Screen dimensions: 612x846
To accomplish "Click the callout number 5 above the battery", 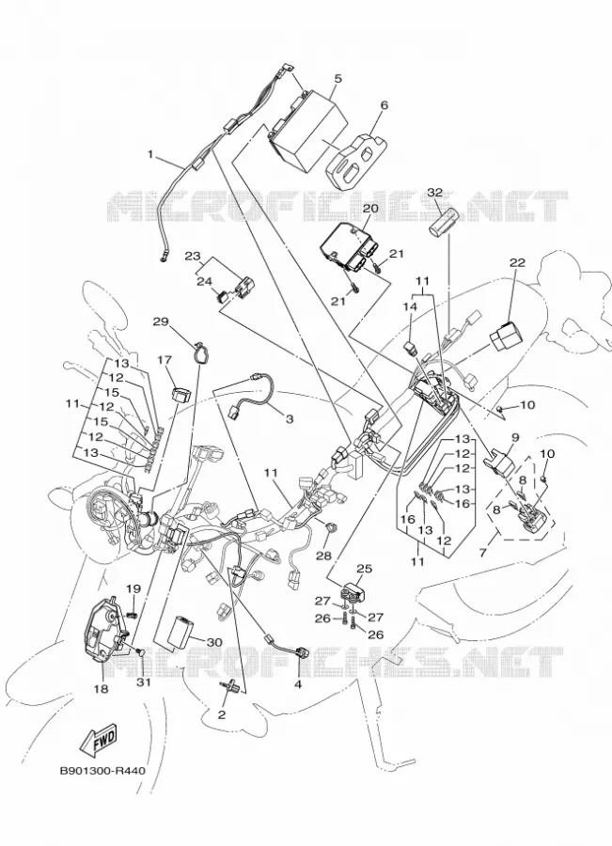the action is tap(337, 79).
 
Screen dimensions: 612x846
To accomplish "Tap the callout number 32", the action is tap(435, 192).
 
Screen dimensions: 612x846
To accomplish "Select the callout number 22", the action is tap(517, 263).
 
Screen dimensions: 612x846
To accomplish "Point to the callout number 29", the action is tap(161, 321).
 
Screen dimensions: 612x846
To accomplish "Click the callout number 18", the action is tap(102, 688).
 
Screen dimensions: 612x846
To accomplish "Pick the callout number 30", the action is tap(214, 642).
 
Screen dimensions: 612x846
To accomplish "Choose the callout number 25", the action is tap(365, 569).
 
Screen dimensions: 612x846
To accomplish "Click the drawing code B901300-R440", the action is tap(102, 771).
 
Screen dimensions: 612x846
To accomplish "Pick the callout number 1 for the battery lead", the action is tap(151, 155).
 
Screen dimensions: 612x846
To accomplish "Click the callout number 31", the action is tap(143, 682).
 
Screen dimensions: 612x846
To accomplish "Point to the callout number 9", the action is tap(514, 437).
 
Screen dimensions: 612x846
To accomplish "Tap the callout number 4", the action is tap(298, 685).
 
